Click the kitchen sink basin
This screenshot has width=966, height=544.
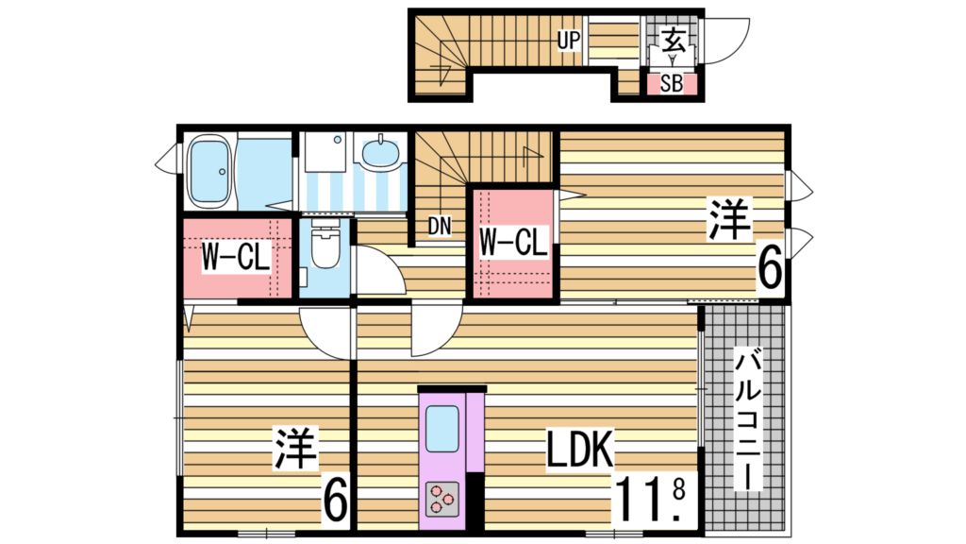click(441, 428)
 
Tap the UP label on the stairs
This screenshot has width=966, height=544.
click(568, 40)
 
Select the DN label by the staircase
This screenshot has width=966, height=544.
click(439, 227)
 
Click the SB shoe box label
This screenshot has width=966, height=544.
click(671, 83)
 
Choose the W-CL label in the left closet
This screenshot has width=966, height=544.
click(237, 256)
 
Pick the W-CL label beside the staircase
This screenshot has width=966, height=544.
click(512, 243)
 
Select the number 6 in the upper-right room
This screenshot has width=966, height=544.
click(769, 270)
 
